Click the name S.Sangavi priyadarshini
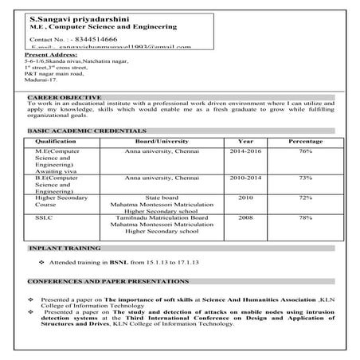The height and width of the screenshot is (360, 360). [x=69, y=16]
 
